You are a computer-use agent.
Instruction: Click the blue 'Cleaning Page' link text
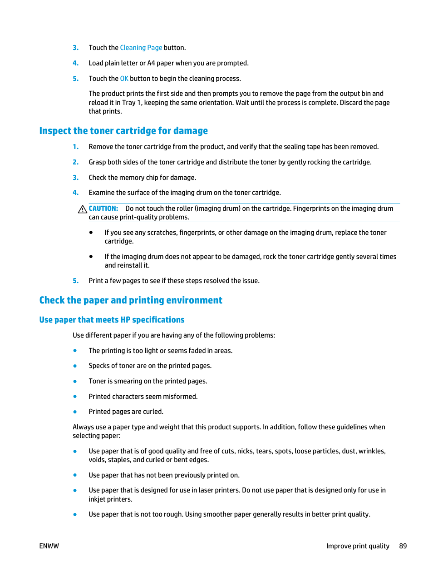coord(141,48)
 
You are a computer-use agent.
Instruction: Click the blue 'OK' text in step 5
coord(124,79)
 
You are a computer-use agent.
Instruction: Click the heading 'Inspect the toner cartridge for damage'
coord(123,131)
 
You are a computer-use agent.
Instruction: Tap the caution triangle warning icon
coord(82,209)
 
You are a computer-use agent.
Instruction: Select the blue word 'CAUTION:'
coord(103,209)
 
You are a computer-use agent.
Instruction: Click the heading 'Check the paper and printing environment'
coord(131,300)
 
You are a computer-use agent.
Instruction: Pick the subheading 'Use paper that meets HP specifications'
coord(112,320)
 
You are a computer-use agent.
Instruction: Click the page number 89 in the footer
coord(403,546)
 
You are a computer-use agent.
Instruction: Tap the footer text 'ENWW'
coord(49,546)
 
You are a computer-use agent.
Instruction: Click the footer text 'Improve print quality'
coord(358,546)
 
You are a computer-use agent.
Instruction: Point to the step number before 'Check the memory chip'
coord(75,178)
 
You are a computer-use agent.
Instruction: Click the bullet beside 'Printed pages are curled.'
coord(75,412)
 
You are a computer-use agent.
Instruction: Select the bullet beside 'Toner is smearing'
coord(75,381)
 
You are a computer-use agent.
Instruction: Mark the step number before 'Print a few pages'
coord(75,281)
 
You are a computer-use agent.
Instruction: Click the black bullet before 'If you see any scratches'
coord(91,232)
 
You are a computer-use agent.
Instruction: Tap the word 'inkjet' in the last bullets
coord(97,499)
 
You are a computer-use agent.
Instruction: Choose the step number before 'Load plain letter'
coord(75,63)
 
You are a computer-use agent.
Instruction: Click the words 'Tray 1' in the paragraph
coord(131,103)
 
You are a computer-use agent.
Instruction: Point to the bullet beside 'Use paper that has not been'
coord(75,475)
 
